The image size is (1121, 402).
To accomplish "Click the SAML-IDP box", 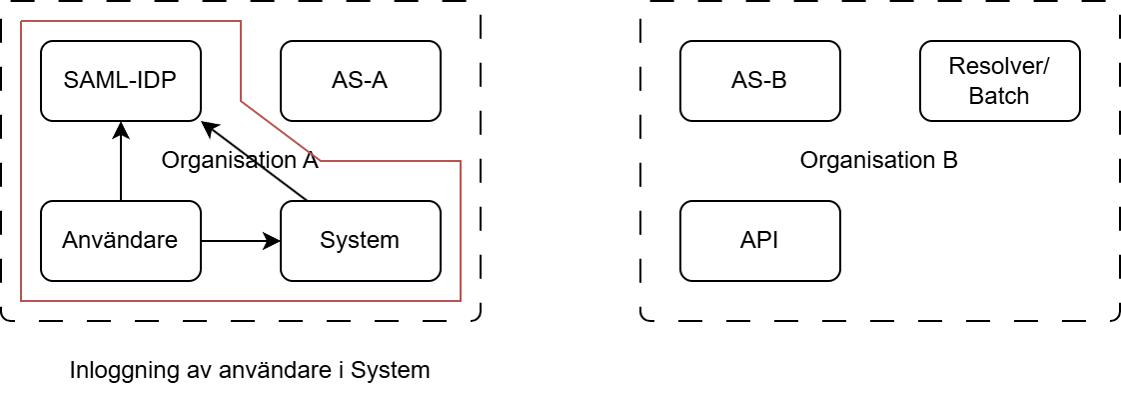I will pyautogui.click(x=120, y=80).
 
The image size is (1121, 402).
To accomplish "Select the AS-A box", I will pyautogui.click(x=360, y=80).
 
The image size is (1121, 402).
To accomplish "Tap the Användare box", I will pyautogui.click(x=120, y=240).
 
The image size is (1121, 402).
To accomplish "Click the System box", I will pyautogui.click(x=360, y=240).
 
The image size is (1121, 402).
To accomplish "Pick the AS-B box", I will pyautogui.click(x=759, y=80).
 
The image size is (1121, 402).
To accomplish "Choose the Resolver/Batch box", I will pyautogui.click(x=999, y=80).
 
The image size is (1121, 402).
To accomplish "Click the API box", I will pyautogui.click(x=759, y=240).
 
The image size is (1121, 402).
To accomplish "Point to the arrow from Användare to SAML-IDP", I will pyautogui.click(x=120, y=165).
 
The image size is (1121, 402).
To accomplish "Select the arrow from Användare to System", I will pyautogui.click(x=240, y=240).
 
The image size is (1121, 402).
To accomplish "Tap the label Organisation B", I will pyautogui.click(x=879, y=160).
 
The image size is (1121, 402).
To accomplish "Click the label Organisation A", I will pyautogui.click(x=240, y=160).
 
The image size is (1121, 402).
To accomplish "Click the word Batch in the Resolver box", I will pyautogui.click(x=999, y=96).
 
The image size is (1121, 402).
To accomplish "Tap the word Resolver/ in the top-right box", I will pyautogui.click(x=999, y=67).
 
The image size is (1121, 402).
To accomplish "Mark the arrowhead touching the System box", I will pyautogui.click(x=272, y=240).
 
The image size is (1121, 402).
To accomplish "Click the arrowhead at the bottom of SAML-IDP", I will pyautogui.click(x=120, y=129).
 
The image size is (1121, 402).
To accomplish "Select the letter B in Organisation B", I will pyautogui.click(x=950, y=160).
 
